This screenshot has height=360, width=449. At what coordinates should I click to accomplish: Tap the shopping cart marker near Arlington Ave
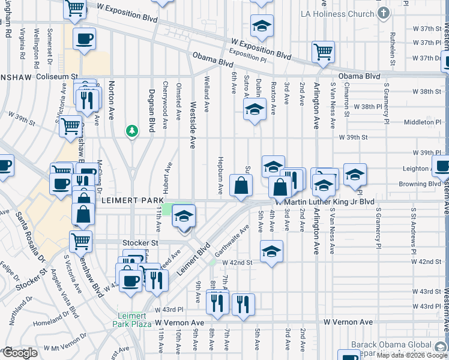click(x=324, y=52)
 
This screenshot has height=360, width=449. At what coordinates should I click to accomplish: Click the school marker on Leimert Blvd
click(x=184, y=216)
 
